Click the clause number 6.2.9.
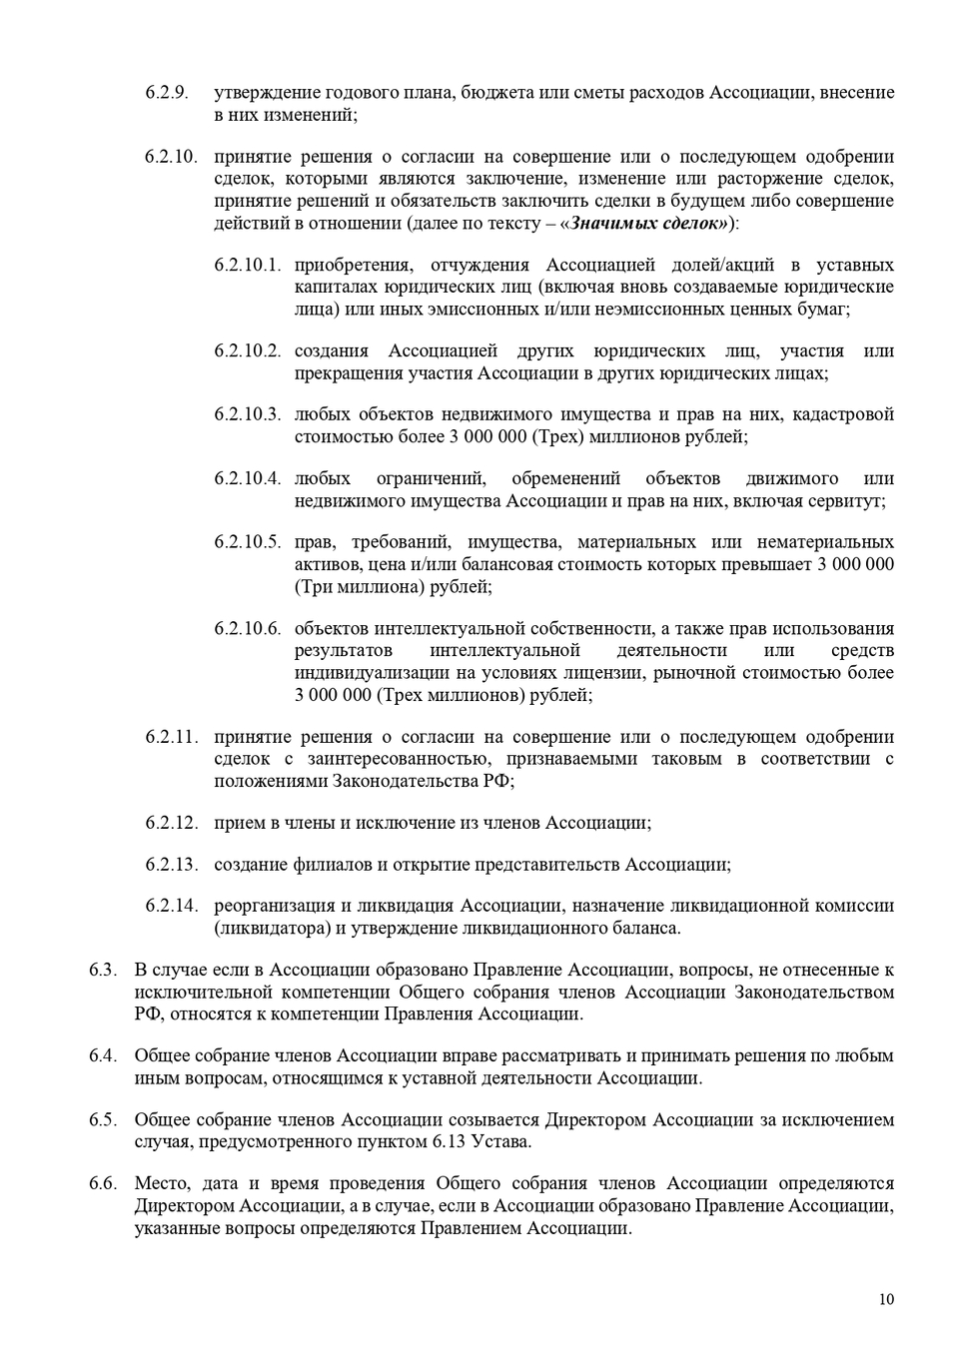tap(166, 93)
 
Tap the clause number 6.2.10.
tap(171, 157)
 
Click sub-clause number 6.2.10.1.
tap(247, 265)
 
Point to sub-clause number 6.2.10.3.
tap(247, 414)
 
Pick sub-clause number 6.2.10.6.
tap(247, 629)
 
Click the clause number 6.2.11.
tap(171, 737)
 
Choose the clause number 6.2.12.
tap(171, 823)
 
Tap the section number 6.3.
tap(103, 970)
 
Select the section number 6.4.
tap(103, 1055)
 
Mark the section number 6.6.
tap(103, 1183)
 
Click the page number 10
tap(887, 1299)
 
